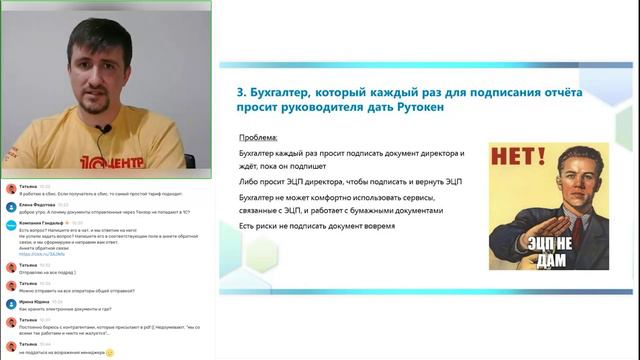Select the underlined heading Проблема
coord(260,138)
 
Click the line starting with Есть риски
coord(317,225)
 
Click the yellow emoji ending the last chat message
coord(110,353)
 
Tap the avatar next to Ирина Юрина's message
coord(10,303)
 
